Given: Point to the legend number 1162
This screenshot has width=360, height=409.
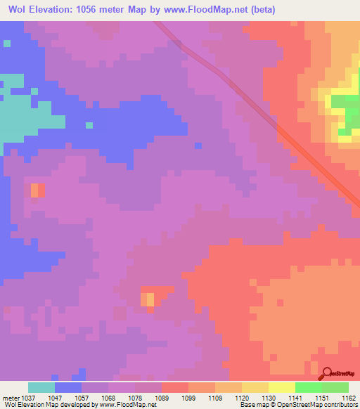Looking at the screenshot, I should [x=349, y=397].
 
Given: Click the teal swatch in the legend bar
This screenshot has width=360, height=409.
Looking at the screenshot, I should [x=41, y=387].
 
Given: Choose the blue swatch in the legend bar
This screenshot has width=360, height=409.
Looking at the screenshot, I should [x=68, y=387].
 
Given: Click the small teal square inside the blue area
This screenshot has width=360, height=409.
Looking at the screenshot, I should [x=89, y=126].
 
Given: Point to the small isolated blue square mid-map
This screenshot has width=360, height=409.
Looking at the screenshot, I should [x=198, y=145].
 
